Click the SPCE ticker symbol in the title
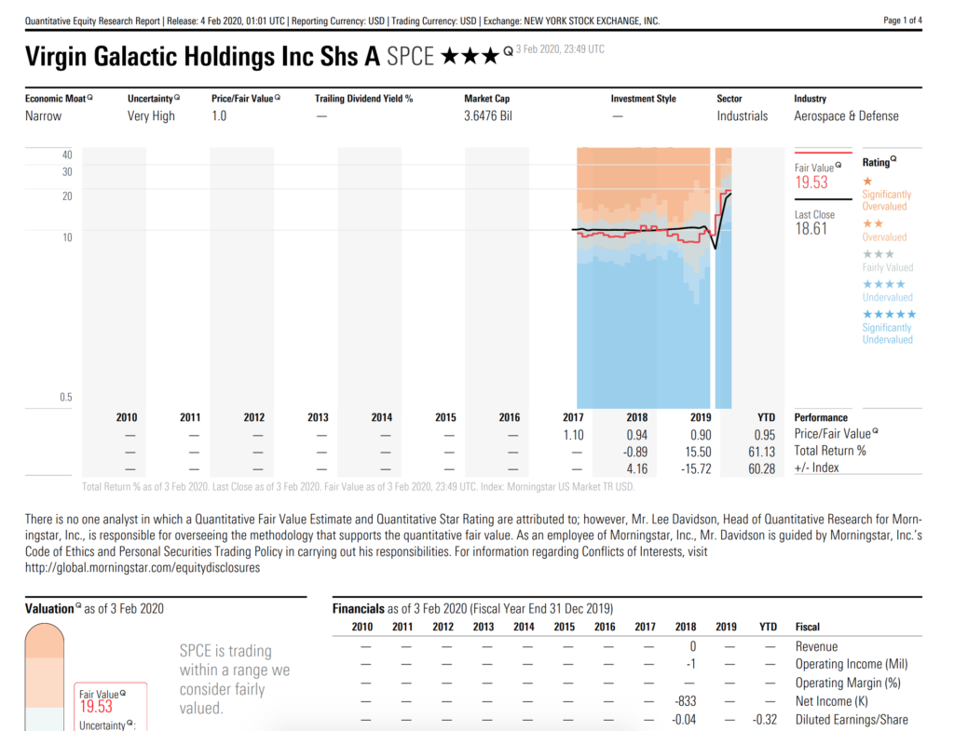[411, 57]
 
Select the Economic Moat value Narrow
[44, 116]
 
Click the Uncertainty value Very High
[151, 116]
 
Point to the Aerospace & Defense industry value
[846, 116]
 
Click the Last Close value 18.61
[811, 228]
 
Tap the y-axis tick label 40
[67, 155]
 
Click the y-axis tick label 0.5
[66, 398]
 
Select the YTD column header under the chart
[766, 418]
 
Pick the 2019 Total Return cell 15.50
[698, 452]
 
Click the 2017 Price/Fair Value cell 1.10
[573, 435]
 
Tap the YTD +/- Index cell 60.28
[761, 468]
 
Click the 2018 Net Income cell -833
[684, 701]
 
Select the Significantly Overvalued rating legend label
[886, 200]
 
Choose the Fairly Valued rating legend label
[887, 267]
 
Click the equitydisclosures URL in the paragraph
[143, 568]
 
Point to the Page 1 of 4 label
[902, 20]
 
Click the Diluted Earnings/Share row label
[852, 720]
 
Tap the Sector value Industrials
[743, 116]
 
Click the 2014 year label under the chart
[382, 418]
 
